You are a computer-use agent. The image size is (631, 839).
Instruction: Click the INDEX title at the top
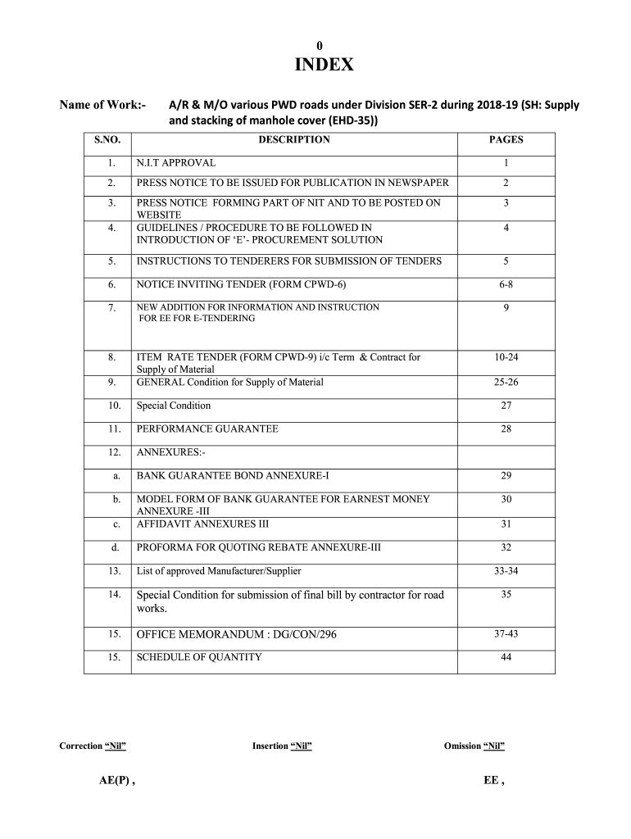(x=324, y=65)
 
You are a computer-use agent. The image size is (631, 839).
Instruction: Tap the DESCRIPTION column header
(x=294, y=140)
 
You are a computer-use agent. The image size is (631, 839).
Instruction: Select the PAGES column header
(x=506, y=140)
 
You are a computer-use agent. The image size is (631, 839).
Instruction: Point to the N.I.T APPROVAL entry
(x=176, y=163)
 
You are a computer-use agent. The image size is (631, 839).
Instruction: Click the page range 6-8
(x=506, y=284)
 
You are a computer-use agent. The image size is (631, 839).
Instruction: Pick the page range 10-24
(x=506, y=357)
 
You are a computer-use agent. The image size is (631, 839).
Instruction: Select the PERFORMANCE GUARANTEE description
(x=207, y=429)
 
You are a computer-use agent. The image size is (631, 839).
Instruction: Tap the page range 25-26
(x=506, y=382)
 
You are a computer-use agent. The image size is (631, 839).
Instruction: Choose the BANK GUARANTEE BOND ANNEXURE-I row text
(x=233, y=475)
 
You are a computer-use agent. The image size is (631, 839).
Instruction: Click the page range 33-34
(x=506, y=570)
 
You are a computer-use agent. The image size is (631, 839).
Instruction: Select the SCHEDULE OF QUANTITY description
(x=199, y=657)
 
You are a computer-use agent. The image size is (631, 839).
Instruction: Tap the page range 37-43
(x=506, y=634)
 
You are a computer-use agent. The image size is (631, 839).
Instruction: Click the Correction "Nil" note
(x=93, y=746)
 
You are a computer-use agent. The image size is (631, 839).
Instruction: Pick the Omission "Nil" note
(x=474, y=746)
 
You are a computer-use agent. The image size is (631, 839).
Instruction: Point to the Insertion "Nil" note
(x=282, y=746)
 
